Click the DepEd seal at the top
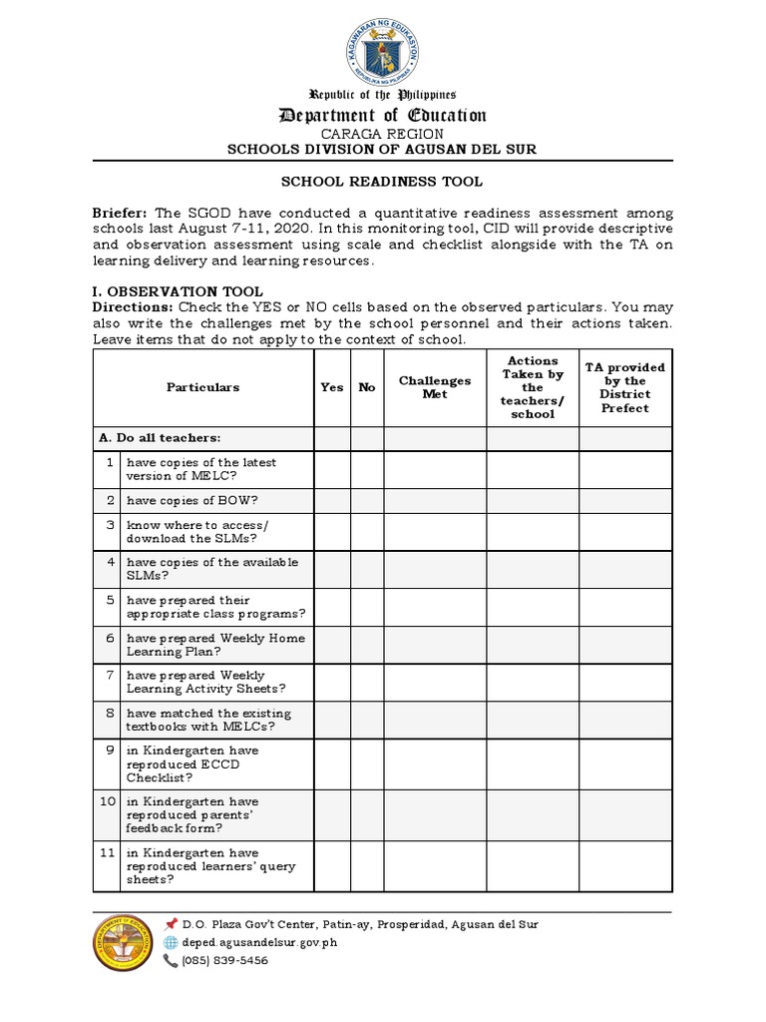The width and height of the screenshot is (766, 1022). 382,47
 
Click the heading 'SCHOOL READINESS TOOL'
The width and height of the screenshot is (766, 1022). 382,182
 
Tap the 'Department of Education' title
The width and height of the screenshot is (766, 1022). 382,116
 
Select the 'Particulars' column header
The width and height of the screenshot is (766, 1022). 203,387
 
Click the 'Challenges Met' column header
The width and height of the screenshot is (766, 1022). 435,387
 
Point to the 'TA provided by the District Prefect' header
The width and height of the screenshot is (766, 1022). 625,387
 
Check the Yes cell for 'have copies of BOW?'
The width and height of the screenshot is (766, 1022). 332,500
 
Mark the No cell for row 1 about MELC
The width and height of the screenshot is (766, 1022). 367,469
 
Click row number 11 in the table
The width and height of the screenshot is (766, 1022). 106,853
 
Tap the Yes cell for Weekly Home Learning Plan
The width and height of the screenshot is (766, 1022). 332,645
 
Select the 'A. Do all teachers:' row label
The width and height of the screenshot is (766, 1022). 160,438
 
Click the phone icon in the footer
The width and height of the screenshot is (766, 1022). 171,960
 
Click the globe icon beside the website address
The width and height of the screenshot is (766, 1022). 171,942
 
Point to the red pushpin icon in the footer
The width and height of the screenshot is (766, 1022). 171,924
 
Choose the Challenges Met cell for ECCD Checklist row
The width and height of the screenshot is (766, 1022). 435,764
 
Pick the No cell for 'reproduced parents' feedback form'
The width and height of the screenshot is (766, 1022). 367,814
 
